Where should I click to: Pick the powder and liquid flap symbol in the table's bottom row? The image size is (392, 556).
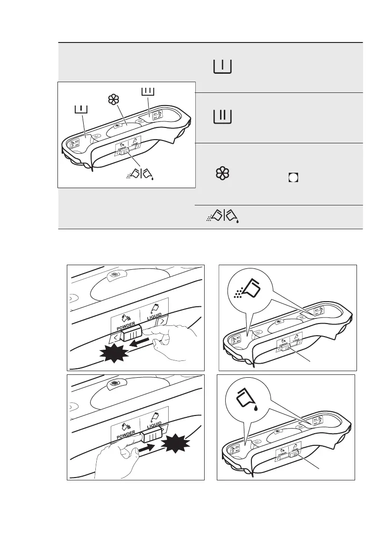pos(222,217)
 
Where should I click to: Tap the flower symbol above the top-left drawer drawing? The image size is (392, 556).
pos(112,99)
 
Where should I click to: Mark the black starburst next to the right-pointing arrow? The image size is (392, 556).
pos(176,443)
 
